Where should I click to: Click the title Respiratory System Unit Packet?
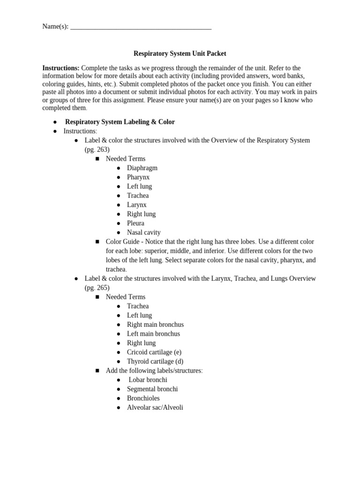pyautogui.click(x=180, y=54)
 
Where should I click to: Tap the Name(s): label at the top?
pyautogui.click(x=55, y=27)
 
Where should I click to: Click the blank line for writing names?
pyautogui.click(x=141, y=28)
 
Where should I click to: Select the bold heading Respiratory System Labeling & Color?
pyautogui.click(x=120, y=122)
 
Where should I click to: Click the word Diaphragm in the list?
pyautogui.click(x=142, y=168)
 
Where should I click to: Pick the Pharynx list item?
pyautogui.click(x=138, y=177)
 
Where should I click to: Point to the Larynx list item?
pyautogui.click(x=137, y=205)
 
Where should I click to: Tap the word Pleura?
pyautogui.click(x=135, y=223)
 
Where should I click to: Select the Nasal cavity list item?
pyautogui.click(x=143, y=232)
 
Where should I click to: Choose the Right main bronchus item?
pyautogui.click(x=155, y=324)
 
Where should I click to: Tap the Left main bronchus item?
pyautogui.click(x=153, y=334)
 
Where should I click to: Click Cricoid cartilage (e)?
pyautogui.click(x=154, y=352)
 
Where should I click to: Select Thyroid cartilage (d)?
pyautogui.click(x=155, y=361)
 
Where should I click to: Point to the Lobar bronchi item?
pyautogui.click(x=148, y=380)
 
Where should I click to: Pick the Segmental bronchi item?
pyautogui.click(x=152, y=389)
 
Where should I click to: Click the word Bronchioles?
pyautogui.click(x=143, y=398)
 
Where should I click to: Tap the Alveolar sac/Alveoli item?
pyautogui.click(x=155, y=407)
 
